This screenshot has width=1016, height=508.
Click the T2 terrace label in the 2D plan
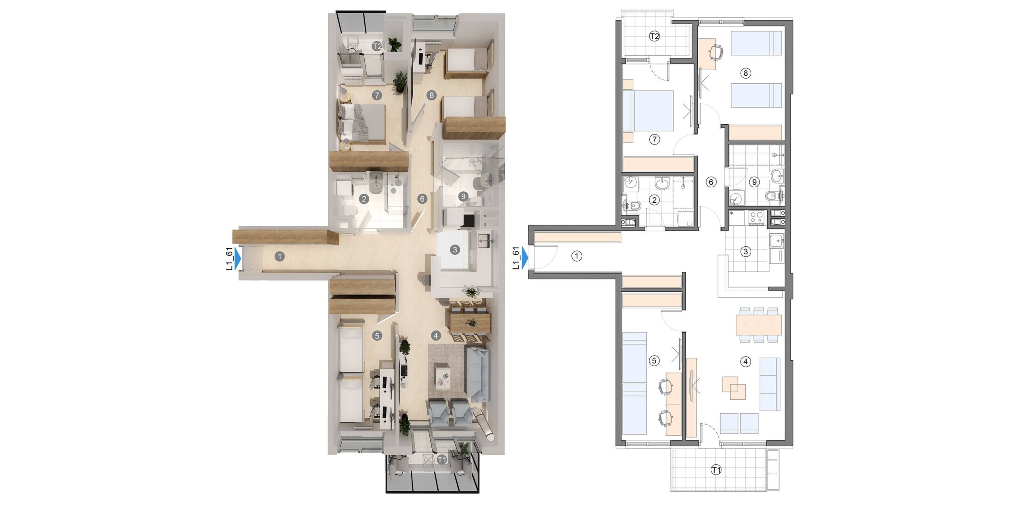pos(654,37)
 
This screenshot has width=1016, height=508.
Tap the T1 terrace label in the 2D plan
pos(716,470)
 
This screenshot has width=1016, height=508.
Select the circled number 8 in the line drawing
pos(746,73)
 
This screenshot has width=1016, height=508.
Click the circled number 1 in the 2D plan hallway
pos(577,256)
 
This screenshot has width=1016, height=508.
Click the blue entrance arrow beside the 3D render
pos(237,258)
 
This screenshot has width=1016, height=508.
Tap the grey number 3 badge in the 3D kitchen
pos(455,250)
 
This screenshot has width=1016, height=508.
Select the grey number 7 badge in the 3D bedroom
pos(377,95)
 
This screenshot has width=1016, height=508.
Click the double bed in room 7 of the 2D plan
pos(648,111)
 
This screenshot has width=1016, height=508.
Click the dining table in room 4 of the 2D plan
pos(759,325)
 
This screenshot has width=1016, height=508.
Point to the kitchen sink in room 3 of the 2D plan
pos(776,241)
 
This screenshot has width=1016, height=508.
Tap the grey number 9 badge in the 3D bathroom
pos(462,196)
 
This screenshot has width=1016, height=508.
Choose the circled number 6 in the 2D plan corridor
pos(711,182)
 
